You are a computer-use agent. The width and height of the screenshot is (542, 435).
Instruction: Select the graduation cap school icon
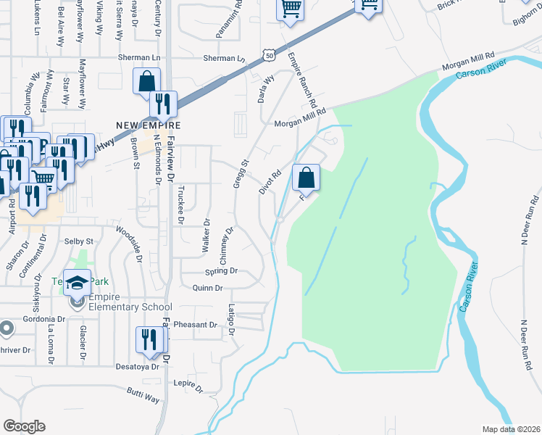(x=76, y=281)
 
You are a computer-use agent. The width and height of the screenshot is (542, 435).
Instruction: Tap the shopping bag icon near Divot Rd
(x=307, y=177)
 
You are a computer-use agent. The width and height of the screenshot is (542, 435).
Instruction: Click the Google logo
(x=25, y=426)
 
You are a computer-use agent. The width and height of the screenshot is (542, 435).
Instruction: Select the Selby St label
(x=79, y=241)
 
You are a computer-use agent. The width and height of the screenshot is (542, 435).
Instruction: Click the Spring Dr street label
(x=222, y=272)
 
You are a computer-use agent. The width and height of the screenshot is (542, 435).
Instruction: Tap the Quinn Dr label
(x=208, y=288)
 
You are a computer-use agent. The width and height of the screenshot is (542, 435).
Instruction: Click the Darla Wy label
(x=266, y=89)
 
